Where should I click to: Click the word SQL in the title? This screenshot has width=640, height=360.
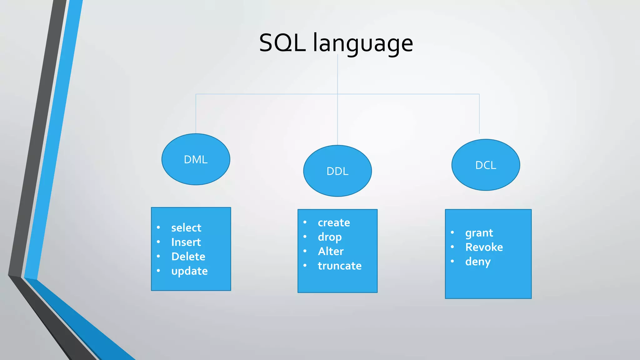[282, 43]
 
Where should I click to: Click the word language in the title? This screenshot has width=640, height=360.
[363, 44]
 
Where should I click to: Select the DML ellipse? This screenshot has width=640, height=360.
[196, 159]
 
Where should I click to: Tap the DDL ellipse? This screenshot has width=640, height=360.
[337, 171]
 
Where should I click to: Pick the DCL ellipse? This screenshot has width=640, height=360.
[486, 165]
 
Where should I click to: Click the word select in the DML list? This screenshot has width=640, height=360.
[186, 228]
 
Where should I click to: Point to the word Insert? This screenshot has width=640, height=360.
[186, 242]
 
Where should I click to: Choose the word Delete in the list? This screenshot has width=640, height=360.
[188, 257]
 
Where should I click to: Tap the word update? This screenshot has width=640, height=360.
[189, 271]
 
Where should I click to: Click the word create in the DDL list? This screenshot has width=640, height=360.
[334, 222]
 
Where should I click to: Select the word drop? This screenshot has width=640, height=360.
[330, 237]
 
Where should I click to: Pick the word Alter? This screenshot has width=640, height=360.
[331, 251]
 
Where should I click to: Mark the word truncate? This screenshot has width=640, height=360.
[340, 266]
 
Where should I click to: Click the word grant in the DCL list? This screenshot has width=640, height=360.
[479, 233]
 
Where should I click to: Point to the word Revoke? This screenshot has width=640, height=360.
[484, 247]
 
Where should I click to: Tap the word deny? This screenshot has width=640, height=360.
[478, 262]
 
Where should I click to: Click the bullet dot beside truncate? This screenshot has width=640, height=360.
[305, 266]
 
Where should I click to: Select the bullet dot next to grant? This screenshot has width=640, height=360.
[452, 232]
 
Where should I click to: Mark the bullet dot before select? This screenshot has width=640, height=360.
[158, 227]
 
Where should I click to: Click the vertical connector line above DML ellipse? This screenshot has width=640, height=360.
[196, 114]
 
